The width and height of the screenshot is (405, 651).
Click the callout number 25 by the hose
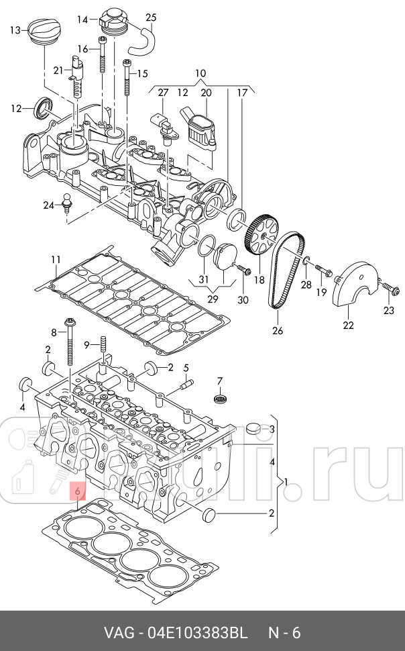pyautogui.click(x=151, y=17)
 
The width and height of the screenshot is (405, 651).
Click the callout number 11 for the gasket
pyautogui.click(x=56, y=260)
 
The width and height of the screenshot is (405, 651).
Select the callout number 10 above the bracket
pyautogui.click(x=200, y=72)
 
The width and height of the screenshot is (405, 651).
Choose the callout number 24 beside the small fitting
pyautogui.click(x=48, y=205)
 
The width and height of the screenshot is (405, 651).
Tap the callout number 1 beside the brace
pyautogui.click(x=286, y=482)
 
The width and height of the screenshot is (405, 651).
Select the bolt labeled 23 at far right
pyautogui.click(x=390, y=290)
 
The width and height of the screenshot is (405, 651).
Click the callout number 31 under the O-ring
pyautogui.click(x=203, y=279)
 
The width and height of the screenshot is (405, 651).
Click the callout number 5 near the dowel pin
pyautogui.click(x=186, y=367)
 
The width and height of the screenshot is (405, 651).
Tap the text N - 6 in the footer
pyautogui.click(x=285, y=634)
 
